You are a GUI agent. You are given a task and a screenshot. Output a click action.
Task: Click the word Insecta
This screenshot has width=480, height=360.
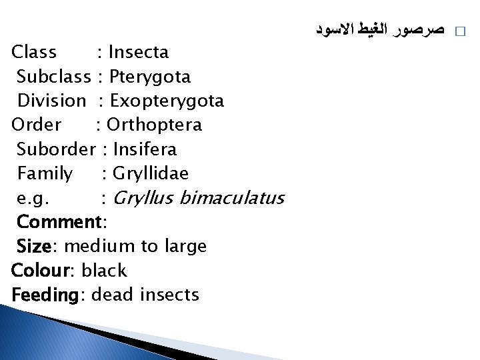(x=138, y=52)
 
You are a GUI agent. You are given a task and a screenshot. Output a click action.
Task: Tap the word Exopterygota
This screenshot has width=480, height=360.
(x=167, y=101)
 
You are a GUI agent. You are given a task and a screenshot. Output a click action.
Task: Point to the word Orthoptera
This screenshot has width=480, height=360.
(x=154, y=125)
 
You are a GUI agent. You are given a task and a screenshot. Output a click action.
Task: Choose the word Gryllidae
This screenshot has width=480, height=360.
(x=151, y=174)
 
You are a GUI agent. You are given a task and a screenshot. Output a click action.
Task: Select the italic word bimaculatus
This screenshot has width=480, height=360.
(x=232, y=198)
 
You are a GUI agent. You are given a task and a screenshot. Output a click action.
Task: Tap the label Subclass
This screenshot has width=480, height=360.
(x=53, y=77)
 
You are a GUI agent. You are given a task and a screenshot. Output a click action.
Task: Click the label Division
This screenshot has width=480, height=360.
(x=51, y=101)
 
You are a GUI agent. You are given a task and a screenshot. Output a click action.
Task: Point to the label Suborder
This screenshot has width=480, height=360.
(x=57, y=149)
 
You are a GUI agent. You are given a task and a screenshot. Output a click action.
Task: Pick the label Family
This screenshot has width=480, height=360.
(x=45, y=174)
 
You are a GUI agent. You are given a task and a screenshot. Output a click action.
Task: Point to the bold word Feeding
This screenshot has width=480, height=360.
(x=45, y=295)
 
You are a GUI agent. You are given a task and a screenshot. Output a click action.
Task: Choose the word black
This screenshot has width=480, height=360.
(x=103, y=271)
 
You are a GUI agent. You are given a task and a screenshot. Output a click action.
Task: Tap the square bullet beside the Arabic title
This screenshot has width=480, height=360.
(x=458, y=31)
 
